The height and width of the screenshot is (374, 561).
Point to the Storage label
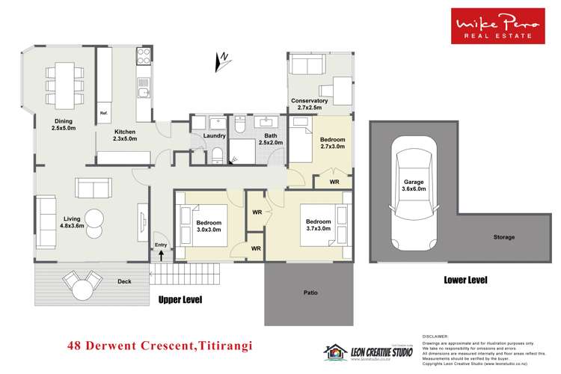coord(503,237)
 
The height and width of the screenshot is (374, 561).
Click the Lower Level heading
coord(465,280)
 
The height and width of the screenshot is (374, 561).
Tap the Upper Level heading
coord(180,299)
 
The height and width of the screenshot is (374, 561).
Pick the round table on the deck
coord(82,284)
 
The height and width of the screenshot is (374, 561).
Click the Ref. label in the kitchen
coord(104,114)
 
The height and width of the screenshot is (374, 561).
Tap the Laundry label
coord(215,135)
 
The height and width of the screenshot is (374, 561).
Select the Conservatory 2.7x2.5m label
coord(310,104)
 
